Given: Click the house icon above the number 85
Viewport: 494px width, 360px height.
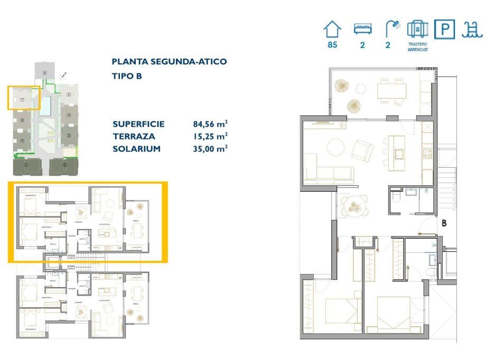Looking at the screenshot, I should coord(332,28).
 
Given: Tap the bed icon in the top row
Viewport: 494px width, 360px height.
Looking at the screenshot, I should coord(362,28).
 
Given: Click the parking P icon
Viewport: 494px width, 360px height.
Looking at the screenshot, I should coord(444,29).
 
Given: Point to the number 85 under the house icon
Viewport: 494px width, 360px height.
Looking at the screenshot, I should coord(332,45).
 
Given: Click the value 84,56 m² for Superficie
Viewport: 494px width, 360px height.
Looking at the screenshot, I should coord(210,125).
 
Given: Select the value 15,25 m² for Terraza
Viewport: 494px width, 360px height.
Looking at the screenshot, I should coord(210,137).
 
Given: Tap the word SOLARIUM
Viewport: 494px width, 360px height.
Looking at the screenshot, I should coord(136,149).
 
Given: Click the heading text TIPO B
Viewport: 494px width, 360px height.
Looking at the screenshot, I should coord(127,76).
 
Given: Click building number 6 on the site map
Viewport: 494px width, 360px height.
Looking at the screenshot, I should coord(45,72).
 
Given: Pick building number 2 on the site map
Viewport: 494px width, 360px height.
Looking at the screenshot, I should coord(64,167).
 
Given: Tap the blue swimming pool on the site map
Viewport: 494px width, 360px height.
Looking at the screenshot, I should coord(46,106).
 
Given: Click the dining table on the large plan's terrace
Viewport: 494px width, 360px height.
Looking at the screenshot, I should coord(392,91).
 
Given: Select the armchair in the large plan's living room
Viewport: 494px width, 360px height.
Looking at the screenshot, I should coord(363,150).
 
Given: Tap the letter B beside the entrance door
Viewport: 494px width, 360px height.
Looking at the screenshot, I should coord(444,223).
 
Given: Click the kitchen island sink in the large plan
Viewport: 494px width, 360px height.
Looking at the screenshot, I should coord(398,154).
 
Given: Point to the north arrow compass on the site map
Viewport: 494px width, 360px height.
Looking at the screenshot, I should coord(64,76).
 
